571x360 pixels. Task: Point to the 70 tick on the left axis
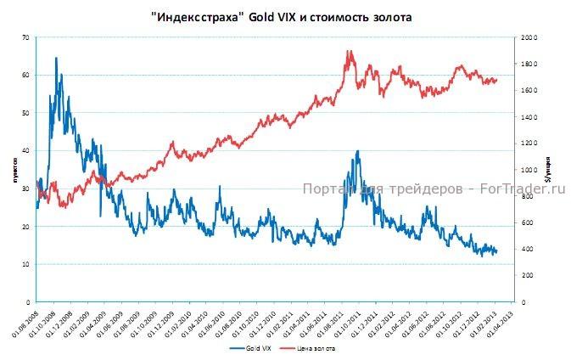point(26,37)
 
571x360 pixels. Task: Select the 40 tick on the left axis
point(26,150)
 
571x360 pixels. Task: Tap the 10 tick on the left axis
point(26,264)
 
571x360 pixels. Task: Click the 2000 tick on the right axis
point(530,37)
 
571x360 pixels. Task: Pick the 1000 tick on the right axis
point(530,170)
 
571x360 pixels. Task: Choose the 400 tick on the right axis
point(529,249)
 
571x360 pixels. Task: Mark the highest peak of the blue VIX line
point(56,58)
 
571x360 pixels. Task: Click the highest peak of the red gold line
point(349,51)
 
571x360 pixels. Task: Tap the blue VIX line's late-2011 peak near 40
point(358,151)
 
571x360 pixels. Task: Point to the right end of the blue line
point(496,252)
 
